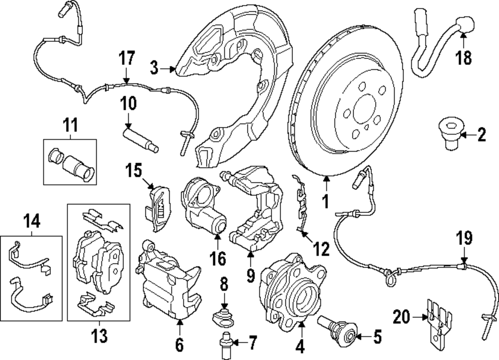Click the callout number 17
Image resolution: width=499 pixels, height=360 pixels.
click(127, 58)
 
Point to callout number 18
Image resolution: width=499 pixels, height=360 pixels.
click(464, 58)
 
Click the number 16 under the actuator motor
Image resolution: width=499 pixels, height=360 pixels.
click(219, 258)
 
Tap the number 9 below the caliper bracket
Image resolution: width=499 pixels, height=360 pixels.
click(250, 274)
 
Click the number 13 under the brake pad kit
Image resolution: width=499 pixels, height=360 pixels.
click(100, 336)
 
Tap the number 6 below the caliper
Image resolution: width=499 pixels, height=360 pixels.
click(180, 344)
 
